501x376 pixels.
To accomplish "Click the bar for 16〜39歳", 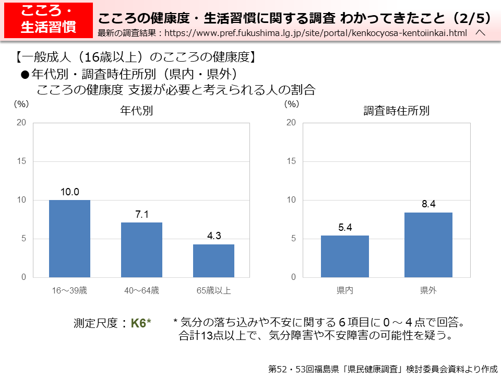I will (69, 239).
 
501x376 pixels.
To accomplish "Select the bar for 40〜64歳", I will (141, 250).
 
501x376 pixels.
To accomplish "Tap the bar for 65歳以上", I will (213, 261).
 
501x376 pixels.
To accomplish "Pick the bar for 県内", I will (344, 256).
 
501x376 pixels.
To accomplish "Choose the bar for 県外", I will (428, 245).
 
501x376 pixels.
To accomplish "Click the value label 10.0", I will (69, 192).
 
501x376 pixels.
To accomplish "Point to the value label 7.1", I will (141, 215).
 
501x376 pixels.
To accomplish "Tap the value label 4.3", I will (213, 236).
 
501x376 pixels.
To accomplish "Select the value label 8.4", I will (428, 204).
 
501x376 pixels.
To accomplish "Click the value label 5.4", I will (344, 228).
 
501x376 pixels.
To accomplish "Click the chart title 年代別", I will (136, 111).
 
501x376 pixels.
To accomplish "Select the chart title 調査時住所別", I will (396, 111).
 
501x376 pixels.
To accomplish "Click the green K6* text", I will (141, 323).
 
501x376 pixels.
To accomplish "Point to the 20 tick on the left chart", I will (21, 123).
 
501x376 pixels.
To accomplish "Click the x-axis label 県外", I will (428, 290).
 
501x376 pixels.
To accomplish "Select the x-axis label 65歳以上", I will (213, 290).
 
